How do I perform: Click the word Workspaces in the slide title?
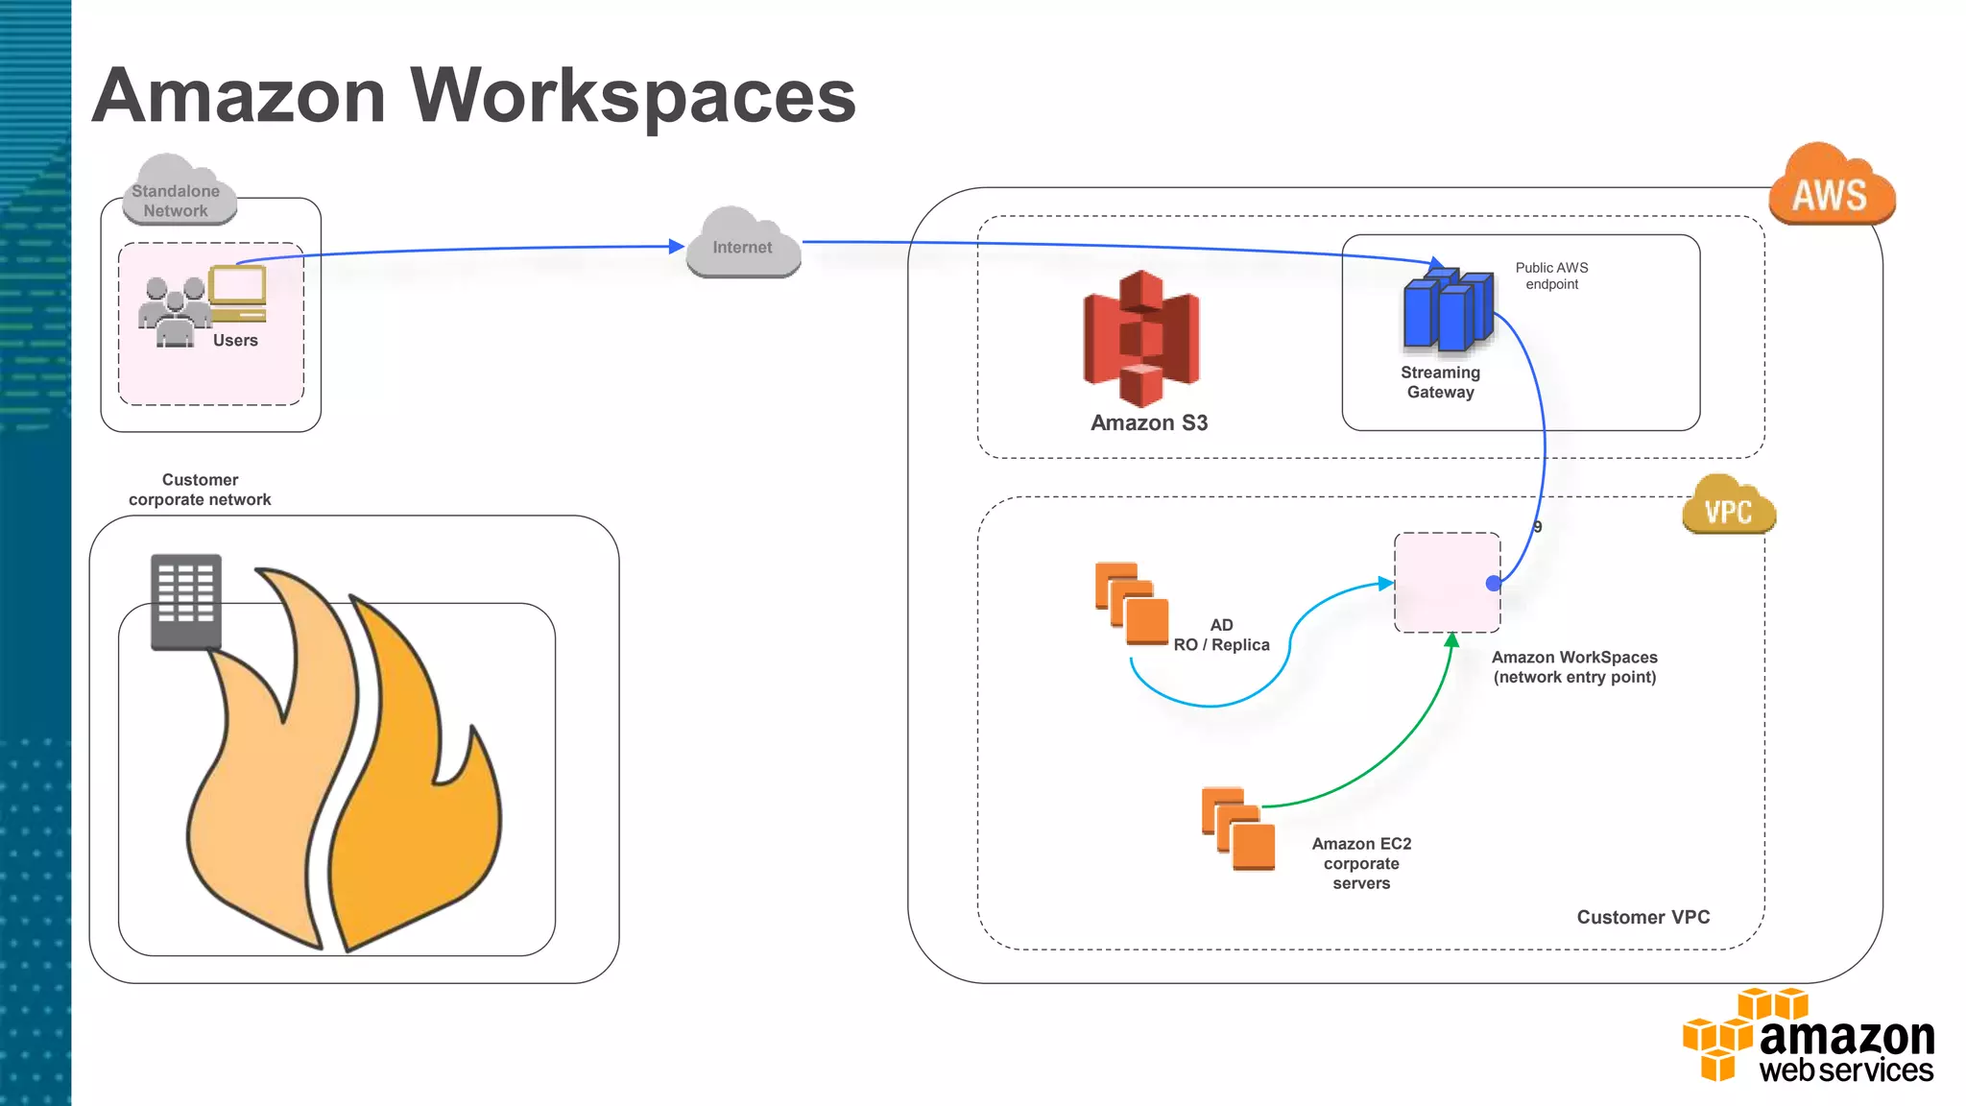pos(633,97)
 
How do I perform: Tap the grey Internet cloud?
pos(743,246)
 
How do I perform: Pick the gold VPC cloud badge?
pos(1729,509)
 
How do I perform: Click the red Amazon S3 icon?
pos(1141,339)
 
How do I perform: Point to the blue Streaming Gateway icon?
pos(1447,310)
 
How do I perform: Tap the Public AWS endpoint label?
pos(1551,276)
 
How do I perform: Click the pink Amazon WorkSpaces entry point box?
pos(1446,582)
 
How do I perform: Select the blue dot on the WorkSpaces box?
pos(1494,583)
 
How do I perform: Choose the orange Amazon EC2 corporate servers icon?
pos(1238,829)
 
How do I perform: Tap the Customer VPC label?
pos(1642,917)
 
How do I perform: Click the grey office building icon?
pos(186,601)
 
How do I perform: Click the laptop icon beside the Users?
pos(237,294)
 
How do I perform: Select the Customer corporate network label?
pos(200,490)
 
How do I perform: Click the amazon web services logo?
pos(1809,1038)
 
